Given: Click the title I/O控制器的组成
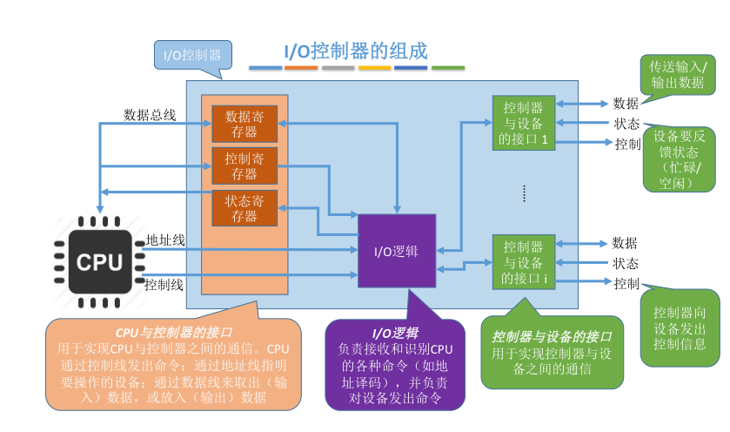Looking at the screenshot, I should click(356, 50).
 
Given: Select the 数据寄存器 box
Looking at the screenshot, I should click(244, 124).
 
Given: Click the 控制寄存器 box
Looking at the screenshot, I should click(244, 165).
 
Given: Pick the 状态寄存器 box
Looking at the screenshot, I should click(244, 207).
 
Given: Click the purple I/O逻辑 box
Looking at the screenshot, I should click(397, 251).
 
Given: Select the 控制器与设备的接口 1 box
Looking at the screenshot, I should click(523, 123).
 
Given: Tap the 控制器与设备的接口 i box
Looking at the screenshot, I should click(523, 262).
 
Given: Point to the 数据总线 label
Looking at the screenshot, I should click(149, 114).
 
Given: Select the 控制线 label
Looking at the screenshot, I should click(164, 284).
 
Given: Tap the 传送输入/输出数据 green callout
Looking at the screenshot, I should click(679, 75).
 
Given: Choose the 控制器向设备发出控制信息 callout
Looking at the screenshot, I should click(680, 327).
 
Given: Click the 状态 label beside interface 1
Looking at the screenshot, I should click(626, 123).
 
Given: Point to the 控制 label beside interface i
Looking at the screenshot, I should click(626, 283).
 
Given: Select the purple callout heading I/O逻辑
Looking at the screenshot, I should click(395, 332).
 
